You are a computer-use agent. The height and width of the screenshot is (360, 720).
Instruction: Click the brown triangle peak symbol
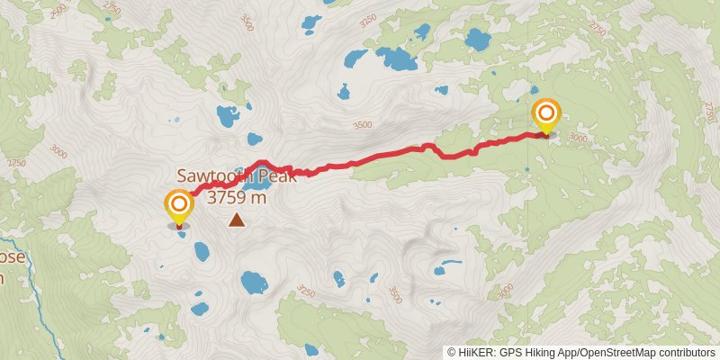point(237,219)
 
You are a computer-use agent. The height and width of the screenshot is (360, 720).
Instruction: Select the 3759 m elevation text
point(237,197)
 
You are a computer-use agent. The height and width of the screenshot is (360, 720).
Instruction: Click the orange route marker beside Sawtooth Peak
point(178,206)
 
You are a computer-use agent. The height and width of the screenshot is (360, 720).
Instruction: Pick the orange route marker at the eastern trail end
point(546,115)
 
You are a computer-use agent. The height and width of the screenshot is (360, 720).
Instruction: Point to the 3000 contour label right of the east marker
point(578,139)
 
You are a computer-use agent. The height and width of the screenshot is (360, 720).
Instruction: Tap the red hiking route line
point(378,157)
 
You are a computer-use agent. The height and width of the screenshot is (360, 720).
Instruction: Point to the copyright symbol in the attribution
point(452,352)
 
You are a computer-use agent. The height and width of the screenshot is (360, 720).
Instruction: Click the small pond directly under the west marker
point(182,235)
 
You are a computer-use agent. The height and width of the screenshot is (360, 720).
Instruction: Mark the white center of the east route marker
point(546,113)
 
